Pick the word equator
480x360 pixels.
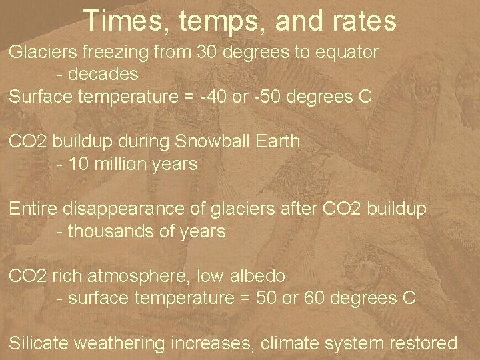(347, 53)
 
